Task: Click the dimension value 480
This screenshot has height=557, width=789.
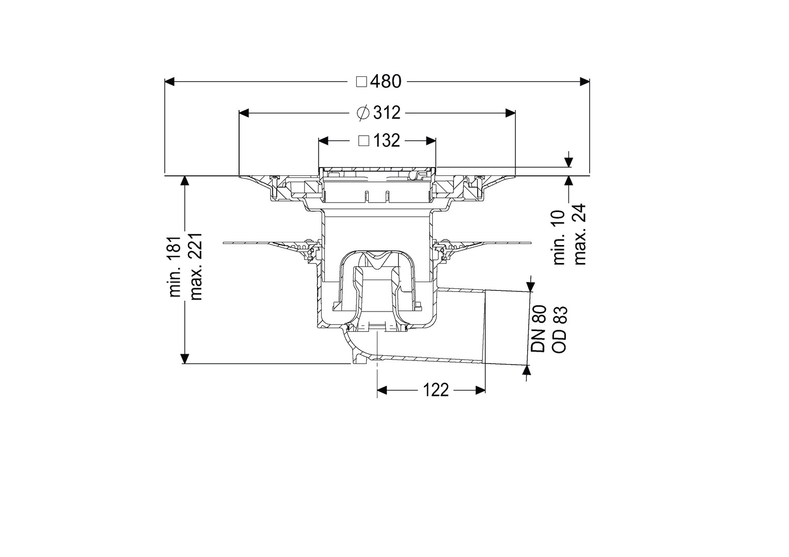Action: (x=386, y=81)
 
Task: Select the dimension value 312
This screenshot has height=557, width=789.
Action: (x=387, y=113)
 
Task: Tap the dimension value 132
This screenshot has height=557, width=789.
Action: (x=386, y=141)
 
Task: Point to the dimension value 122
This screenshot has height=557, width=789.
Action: (x=436, y=390)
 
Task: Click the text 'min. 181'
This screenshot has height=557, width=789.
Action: (x=175, y=266)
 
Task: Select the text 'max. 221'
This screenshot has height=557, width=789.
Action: (x=196, y=266)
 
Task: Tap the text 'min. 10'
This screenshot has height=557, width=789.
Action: (x=559, y=238)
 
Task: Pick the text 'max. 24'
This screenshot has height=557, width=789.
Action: (x=580, y=235)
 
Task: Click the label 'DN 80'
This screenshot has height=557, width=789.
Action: (x=539, y=329)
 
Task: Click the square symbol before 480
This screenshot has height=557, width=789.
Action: (x=362, y=82)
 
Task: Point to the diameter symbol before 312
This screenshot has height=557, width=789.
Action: (x=363, y=113)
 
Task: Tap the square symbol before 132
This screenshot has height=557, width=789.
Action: (x=364, y=141)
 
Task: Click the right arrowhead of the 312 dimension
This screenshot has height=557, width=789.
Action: (x=510, y=113)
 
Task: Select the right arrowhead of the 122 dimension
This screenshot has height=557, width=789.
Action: (x=480, y=390)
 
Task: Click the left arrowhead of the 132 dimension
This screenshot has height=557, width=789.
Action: (x=323, y=141)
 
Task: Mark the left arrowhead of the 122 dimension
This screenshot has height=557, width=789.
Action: (x=382, y=390)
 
